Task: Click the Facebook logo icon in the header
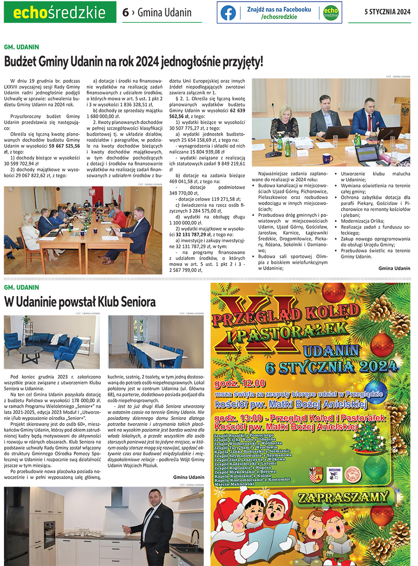[228, 13]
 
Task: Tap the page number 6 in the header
[125, 13]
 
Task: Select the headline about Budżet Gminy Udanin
[134, 61]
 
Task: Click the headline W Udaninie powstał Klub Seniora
[80, 302]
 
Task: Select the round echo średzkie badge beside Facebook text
[330, 13]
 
